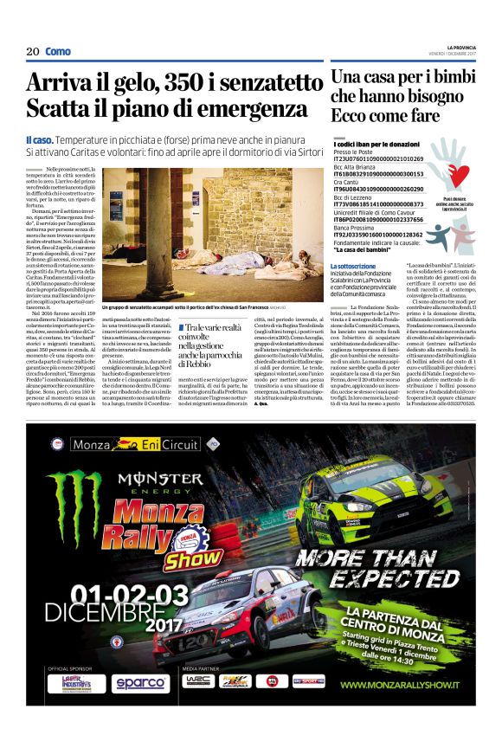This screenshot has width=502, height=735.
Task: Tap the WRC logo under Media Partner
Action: point(198,681)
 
